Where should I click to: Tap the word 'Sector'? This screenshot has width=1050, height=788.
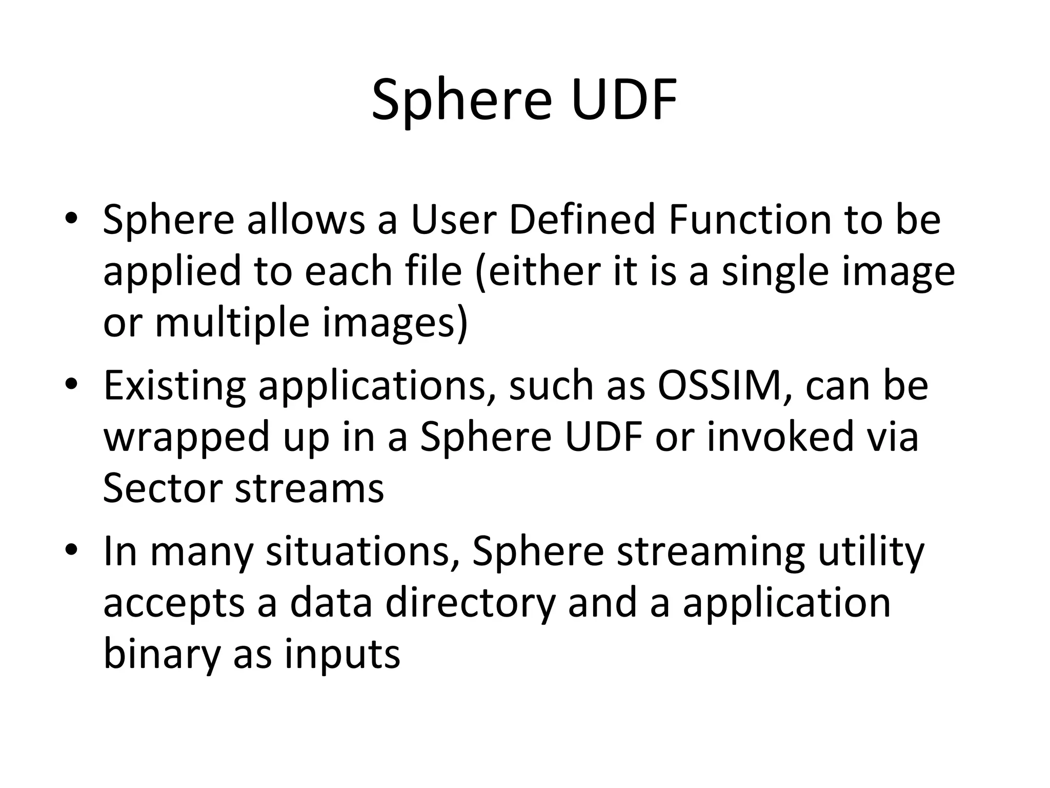(162, 488)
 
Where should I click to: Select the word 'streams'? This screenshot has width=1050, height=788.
(309, 488)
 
